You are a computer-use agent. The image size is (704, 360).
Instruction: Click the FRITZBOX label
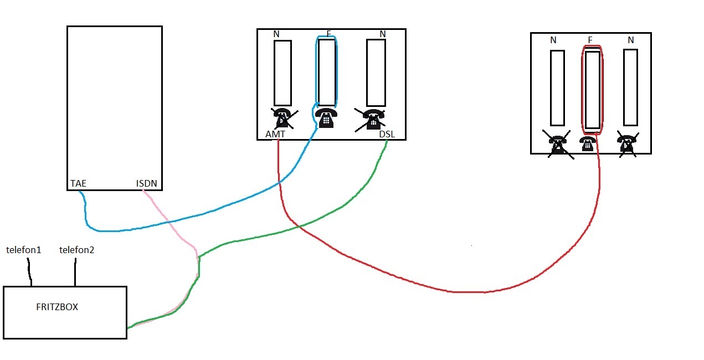[x=56, y=307]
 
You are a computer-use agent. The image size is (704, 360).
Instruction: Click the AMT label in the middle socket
[x=275, y=135]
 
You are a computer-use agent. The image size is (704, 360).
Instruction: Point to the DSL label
[x=387, y=135]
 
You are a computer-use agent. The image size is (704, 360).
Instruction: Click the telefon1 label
[x=24, y=250]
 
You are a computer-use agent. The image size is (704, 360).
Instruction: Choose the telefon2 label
[x=76, y=250]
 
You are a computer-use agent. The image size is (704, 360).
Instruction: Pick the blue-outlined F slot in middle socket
[x=327, y=73]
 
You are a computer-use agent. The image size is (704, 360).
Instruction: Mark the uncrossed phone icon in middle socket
[x=326, y=117]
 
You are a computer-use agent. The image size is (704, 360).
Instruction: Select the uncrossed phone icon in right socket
[x=588, y=144]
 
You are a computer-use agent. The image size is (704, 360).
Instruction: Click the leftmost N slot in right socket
[x=557, y=88]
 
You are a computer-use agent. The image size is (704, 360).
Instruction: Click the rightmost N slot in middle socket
[x=376, y=73]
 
